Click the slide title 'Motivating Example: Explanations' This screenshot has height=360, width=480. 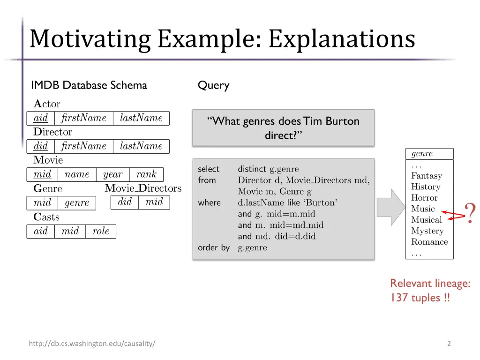pyautogui.click(x=222, y=39)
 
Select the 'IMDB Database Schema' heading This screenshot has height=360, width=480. pyautogui.click(x=89, y=85)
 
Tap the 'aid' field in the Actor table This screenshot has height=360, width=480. pyautogui.click(x=41, y=118)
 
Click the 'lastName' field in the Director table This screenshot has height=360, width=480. pyautogui.click(x=141, y=146)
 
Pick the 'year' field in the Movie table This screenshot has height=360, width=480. pyautogui.click(x=112, y=174)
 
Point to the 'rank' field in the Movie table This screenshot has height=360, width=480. pyautogui.click(x=146, y=174)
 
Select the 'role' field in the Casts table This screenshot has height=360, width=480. pyautogui.click(x=101, y=231)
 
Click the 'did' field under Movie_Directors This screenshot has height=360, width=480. pyautogui.click(x=125, y=202)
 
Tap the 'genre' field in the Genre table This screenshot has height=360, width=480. pyautogui.click(x=77, y=203)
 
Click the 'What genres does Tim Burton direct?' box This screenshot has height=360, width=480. pyautogui.click(x=284, y=128)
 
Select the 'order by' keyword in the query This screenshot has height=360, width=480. pyautogui.click(x=214, y=247)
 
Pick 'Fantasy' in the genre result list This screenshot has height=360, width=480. pyautogui.click(x=426, y=176)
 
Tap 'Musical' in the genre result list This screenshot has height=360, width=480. pyautogui.click(x=426, y=220)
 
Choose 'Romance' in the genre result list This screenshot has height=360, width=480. pyautogui.click(x=429, y=242)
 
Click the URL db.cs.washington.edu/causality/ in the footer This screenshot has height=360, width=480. pyautogui.click(x=92, y=344)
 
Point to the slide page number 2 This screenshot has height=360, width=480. pyautogui.click(x=449, y=344)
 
